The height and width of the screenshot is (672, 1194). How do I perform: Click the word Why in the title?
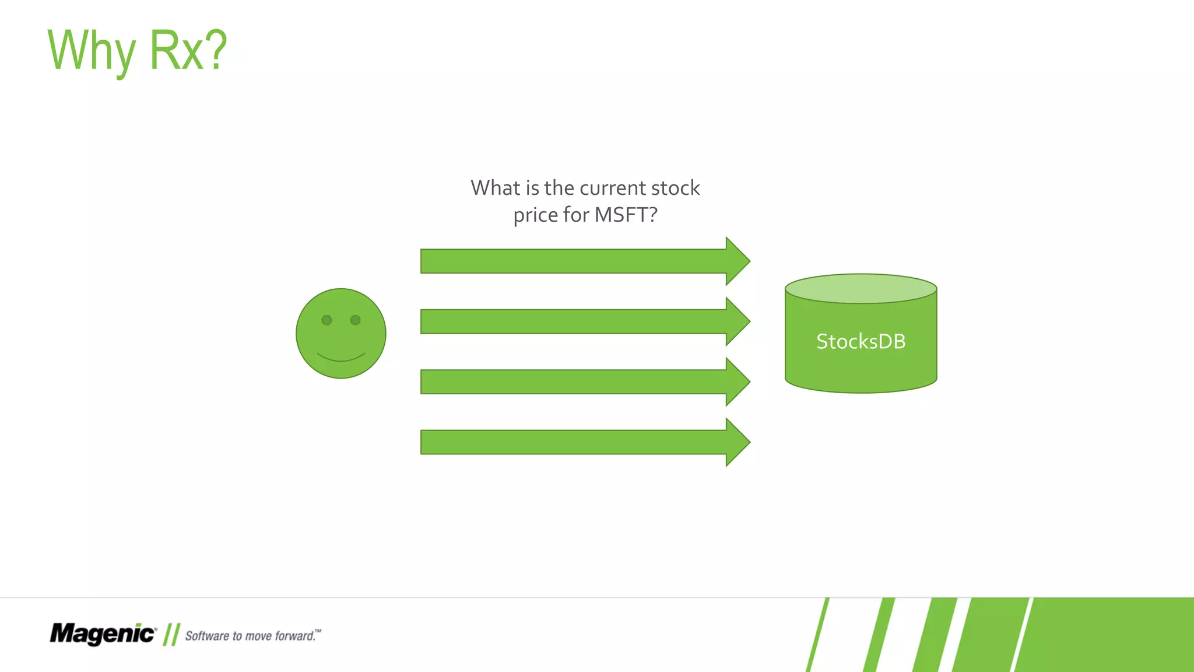tap(91, 51)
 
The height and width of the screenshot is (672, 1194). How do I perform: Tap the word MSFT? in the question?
tap(626, 215)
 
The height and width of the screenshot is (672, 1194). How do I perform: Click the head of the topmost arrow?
tap(736, 261)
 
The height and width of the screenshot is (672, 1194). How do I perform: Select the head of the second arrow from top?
tap(736, 321)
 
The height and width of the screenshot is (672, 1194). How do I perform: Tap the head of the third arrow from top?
tap(736, 381)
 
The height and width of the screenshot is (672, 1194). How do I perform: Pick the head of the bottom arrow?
tap(736, 442)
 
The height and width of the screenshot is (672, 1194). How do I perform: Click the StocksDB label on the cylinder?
tap(861, 341)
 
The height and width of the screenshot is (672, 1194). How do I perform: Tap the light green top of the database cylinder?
tap(861, 289)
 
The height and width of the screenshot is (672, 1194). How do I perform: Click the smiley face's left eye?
tap(326, 320)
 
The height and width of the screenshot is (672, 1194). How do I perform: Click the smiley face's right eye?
tap(356, 320)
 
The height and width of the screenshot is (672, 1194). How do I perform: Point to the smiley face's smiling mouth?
tap(341, 357)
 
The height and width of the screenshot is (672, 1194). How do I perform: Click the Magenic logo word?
tap(103, 633)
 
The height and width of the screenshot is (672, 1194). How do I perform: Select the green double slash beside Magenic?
tap(171, 634)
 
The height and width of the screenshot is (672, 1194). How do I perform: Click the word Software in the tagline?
tap(206, 636)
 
